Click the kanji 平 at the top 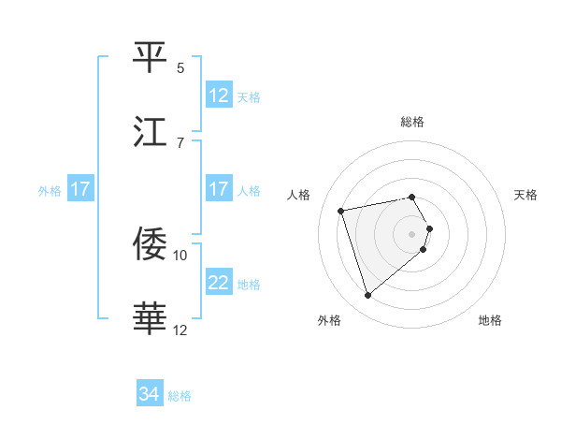click(151, 58)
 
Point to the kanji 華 click(151, 318)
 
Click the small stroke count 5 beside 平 click(180, 68)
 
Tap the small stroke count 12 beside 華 click(180, 329)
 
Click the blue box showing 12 click(219, 95)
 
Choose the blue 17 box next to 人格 click(219, 188)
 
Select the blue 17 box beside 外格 click(80, 188)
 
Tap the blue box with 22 click(219, 282)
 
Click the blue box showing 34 click(150, 394)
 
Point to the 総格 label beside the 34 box click(180, 396)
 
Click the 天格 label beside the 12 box click(249, 96)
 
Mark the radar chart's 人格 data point click(341, 210)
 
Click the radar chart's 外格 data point click(368, 296)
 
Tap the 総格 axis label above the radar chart click(412, 122)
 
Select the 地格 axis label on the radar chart click(490, 320)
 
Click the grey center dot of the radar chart click(412, 233)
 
